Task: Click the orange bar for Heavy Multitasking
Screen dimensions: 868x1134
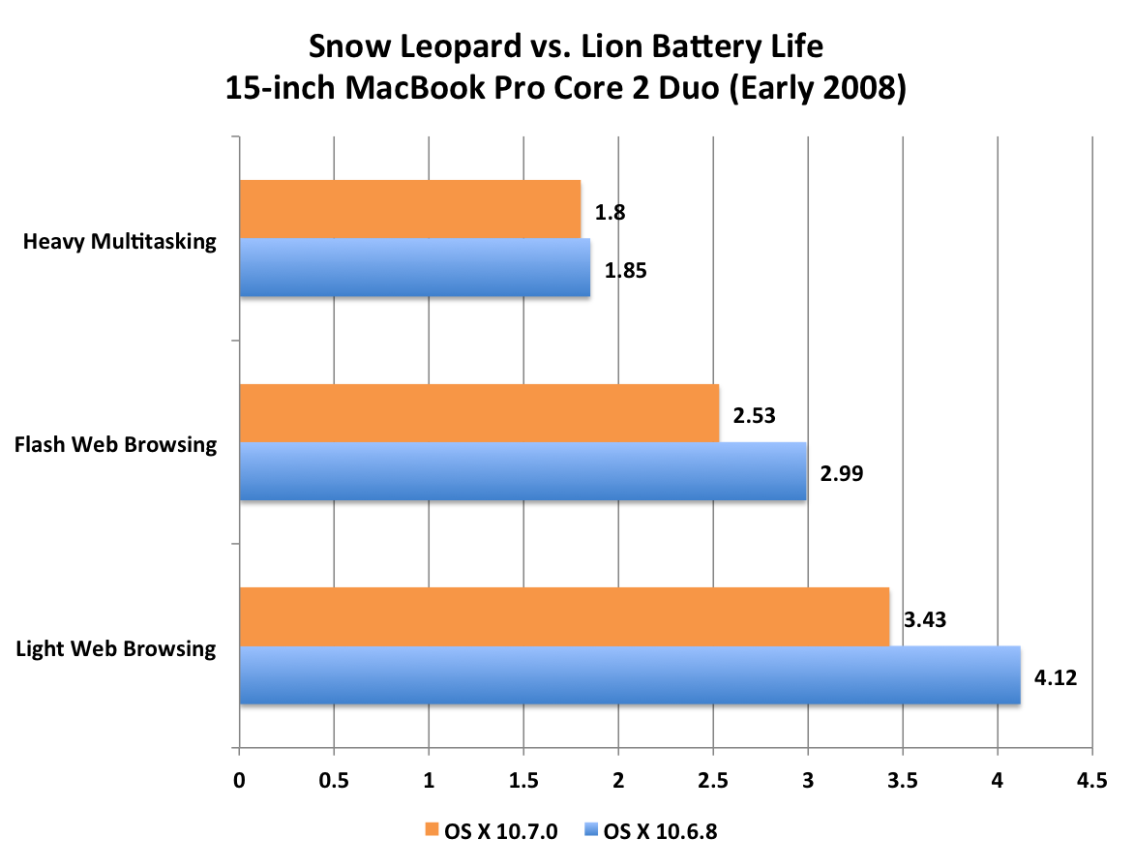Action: [x=409, y=209]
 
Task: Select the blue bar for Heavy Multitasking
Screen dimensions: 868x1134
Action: [x=414, y=268]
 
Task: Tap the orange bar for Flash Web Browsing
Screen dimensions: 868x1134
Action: [x=479, y=413]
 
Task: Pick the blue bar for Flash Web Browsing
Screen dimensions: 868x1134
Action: [x=522, y=472]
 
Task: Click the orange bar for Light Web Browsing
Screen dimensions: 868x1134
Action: [x=564, y=616]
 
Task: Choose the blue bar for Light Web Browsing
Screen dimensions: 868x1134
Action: [x=630, y=675]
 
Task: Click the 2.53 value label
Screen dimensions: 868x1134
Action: [x=755, y=416]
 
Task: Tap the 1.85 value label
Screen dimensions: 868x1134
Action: [x=625, y=271]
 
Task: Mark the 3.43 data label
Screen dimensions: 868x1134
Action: [x=925, y=620]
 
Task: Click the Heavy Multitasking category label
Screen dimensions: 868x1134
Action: [x=119, y=241]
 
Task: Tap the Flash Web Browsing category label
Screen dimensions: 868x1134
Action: [x=115, y=444]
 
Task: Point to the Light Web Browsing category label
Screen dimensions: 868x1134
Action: [x=116, y=647]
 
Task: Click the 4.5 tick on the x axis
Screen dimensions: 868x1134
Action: [x=1091, y=782]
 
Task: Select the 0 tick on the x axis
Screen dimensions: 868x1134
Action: [x=239, y=782]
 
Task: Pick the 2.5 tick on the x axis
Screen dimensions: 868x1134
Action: [x=713, y=782]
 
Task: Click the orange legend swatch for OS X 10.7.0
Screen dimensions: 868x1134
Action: [x=432, y=829]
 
